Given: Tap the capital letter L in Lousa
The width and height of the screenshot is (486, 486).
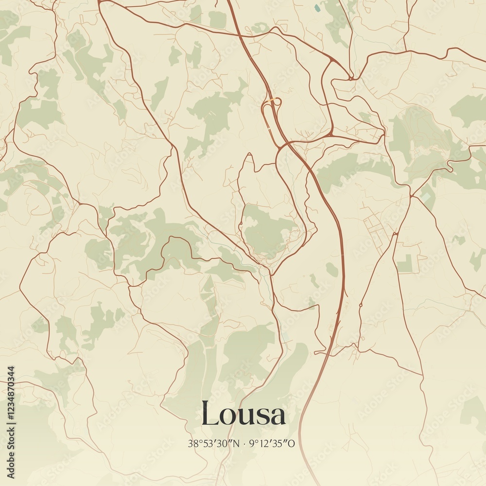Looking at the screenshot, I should (x=210, y=414).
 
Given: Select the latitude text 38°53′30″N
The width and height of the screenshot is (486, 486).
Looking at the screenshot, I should (x=214, y=443).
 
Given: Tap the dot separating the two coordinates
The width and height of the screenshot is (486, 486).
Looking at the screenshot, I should (x=244, y=443).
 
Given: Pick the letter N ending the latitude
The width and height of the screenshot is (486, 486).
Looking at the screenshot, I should (x=237, y=443).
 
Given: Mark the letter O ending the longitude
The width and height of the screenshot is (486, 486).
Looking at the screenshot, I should (x=292, y=443).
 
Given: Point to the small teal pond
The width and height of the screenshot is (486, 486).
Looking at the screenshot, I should (x=317, y=8).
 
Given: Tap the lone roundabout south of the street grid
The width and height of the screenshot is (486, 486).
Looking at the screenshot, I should (x=361, y=305).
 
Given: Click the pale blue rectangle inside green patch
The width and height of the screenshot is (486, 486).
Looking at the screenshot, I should (x=426, y=197).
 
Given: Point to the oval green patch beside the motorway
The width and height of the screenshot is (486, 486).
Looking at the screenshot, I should (x=332, y=269).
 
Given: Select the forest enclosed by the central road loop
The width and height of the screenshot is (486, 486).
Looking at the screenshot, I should (x=267, y=231).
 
